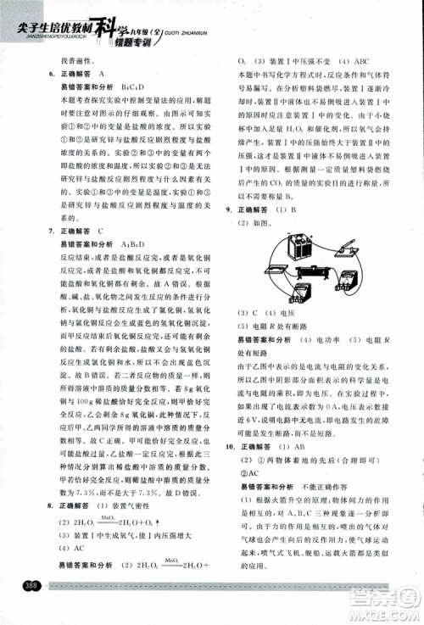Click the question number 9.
(230, 209)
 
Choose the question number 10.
(230, 446)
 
